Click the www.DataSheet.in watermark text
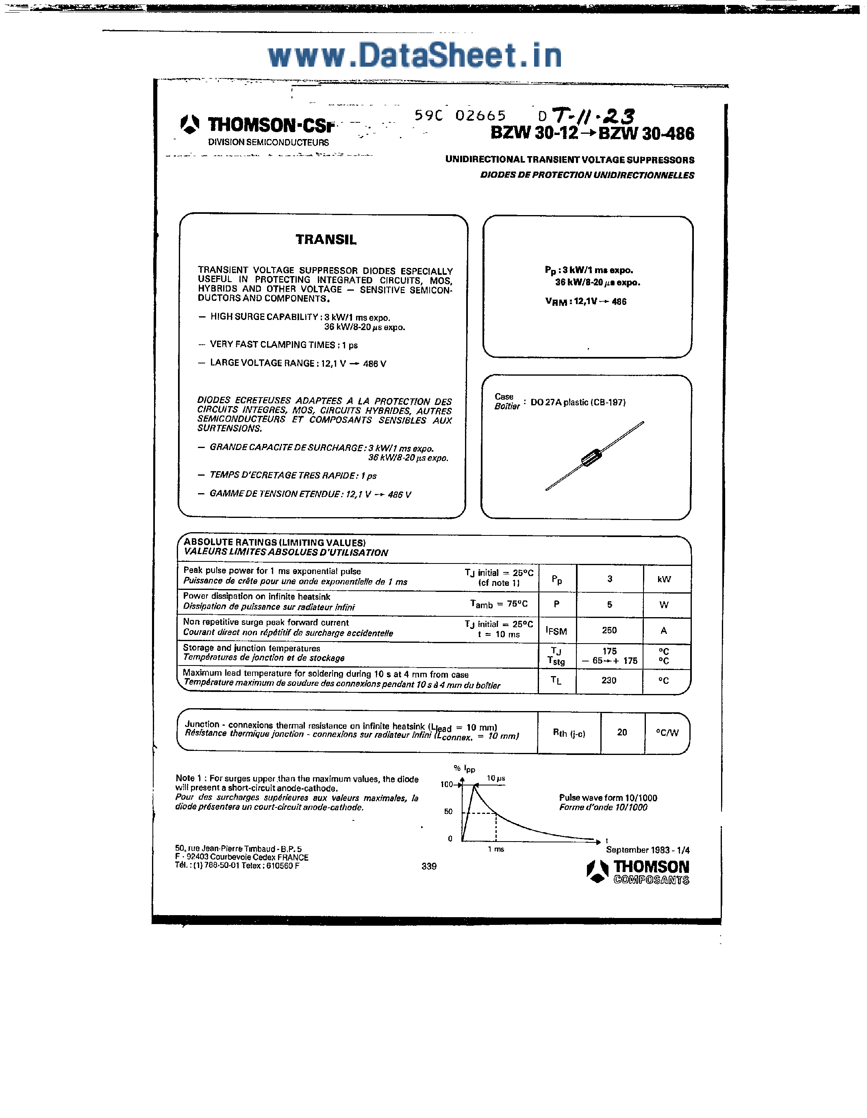[x=415, y=55]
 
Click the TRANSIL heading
[x=326, y=239]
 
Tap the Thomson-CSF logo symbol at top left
[x=190, y=124]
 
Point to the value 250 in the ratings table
[x=609, y=630]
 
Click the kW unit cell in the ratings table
[x=664, y=579]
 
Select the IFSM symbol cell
[x=556, y=631]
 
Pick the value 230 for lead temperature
[x=608, y=680]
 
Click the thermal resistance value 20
[x=622, y=733]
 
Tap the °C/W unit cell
[x=667, y=733]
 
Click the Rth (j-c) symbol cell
[x=569, y=733]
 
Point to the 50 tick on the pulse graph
[x=448, y=811]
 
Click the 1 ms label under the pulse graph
[x=495, y=849]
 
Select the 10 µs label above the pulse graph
[x=495, y=778]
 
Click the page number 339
[x=429, y=866]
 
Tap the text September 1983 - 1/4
[x=648, y=850]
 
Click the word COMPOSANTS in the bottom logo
[x=651, y=880]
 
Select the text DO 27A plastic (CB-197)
[x=578, y=402]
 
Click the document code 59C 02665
[x=460, y=116]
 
